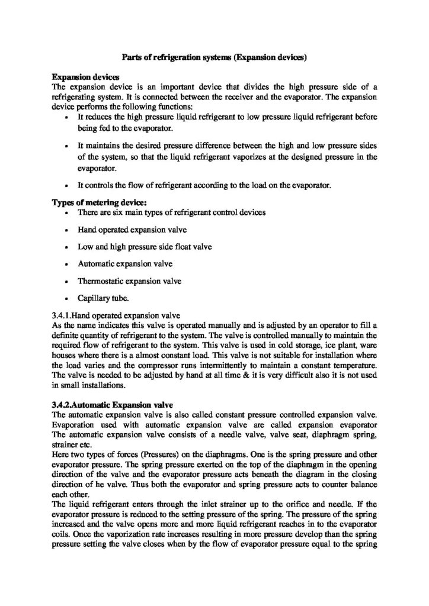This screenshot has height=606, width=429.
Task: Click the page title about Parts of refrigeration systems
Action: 214,58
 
